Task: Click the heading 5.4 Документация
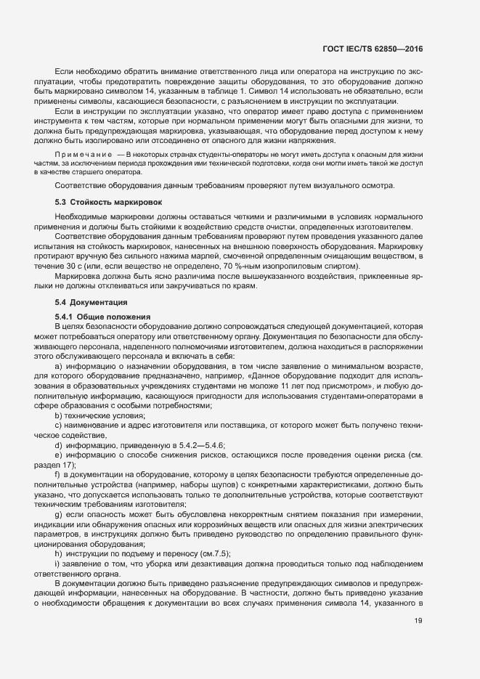(x=93, y=301)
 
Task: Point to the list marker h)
(x=58, y=532)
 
